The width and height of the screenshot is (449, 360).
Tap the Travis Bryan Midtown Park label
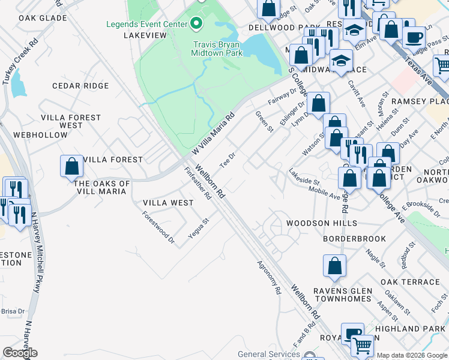[x=217, y=49]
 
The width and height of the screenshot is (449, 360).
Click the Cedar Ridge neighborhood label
[x=80, y=86]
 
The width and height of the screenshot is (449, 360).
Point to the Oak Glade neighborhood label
[x=42, y=19]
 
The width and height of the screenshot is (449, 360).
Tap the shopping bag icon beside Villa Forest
[x=71, y=166]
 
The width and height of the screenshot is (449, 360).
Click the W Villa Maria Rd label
[x=213, y=135]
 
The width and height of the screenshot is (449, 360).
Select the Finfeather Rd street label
[x=198, y=183]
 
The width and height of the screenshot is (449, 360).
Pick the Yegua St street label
[x=198, y=229]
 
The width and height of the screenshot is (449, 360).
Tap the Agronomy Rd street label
[x=269, y=277]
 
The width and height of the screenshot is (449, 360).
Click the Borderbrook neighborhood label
[x=354, y=239]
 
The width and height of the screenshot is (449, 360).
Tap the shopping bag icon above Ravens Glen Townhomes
[x=334, y=266]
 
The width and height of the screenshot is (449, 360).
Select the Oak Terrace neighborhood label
[x=410, y=282]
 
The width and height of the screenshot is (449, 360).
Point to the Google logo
[x=20, y=353]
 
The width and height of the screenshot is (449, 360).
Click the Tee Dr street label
[x=226, y=163]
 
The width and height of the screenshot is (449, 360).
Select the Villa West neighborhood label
[x=168, y=203]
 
